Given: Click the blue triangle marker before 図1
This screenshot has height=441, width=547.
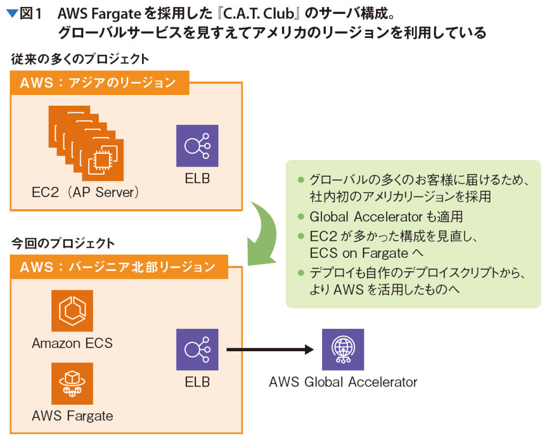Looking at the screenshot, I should click(x=12, y=13).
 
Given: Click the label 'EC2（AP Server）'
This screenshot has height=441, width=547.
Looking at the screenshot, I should click(x=85, y=192).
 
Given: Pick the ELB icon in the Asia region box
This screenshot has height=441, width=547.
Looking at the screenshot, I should click(x=197, y=145).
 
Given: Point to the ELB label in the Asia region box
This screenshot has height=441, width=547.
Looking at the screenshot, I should click(x=197, y=178).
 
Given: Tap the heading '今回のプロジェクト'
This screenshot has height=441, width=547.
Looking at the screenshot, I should click(x=63, y=243).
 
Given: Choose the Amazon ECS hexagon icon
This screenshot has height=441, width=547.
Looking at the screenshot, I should click(x=72, y=311).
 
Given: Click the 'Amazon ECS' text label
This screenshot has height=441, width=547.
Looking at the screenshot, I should click(x=72, y=343).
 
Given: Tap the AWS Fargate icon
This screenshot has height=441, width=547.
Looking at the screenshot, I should click(x=72, y=383).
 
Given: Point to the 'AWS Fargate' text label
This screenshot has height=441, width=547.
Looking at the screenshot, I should click(x=72, y=415).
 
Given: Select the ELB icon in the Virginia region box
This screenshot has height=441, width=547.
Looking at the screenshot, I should click(x=197, y=350).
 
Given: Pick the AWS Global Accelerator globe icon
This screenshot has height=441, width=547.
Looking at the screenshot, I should click(x=342, y=349).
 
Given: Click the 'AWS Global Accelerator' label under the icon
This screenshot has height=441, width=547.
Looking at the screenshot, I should click(x=342, y=382).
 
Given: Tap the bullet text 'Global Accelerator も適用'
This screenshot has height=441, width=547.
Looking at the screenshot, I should click(x=386, y=217).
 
